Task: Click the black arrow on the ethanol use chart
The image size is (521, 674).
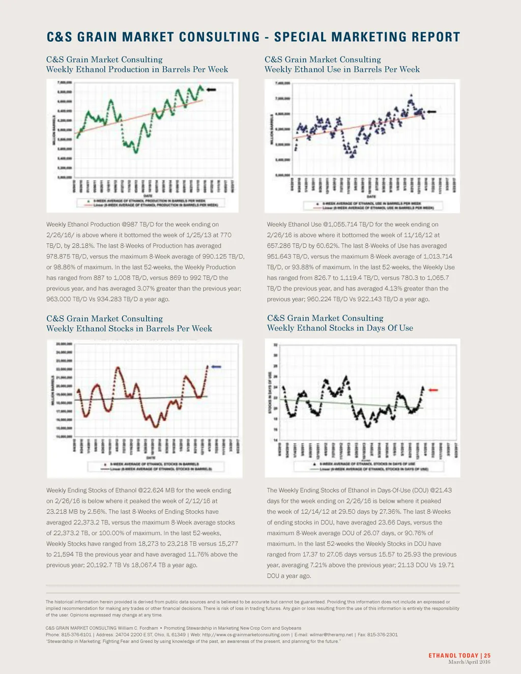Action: pos(431,112)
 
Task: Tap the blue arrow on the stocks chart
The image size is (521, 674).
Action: pos(216,367)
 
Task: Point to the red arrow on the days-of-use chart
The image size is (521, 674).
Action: pos(433,390)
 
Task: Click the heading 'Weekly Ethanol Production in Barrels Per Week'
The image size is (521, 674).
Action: pos(137,69)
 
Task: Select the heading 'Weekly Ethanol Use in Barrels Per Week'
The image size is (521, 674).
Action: pos(342,69)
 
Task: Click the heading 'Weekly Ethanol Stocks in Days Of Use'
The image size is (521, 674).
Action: pos(340,328)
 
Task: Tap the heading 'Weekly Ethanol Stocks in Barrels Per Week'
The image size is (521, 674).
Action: pos(129,329)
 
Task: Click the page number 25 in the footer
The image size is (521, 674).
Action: pos(487,656)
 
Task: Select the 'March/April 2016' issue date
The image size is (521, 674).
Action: pos(469,662)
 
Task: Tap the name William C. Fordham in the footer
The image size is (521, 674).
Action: pos(138,628)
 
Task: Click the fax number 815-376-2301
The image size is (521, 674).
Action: pos(381,635)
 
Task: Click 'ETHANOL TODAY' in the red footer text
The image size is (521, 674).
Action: pos(453,656)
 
